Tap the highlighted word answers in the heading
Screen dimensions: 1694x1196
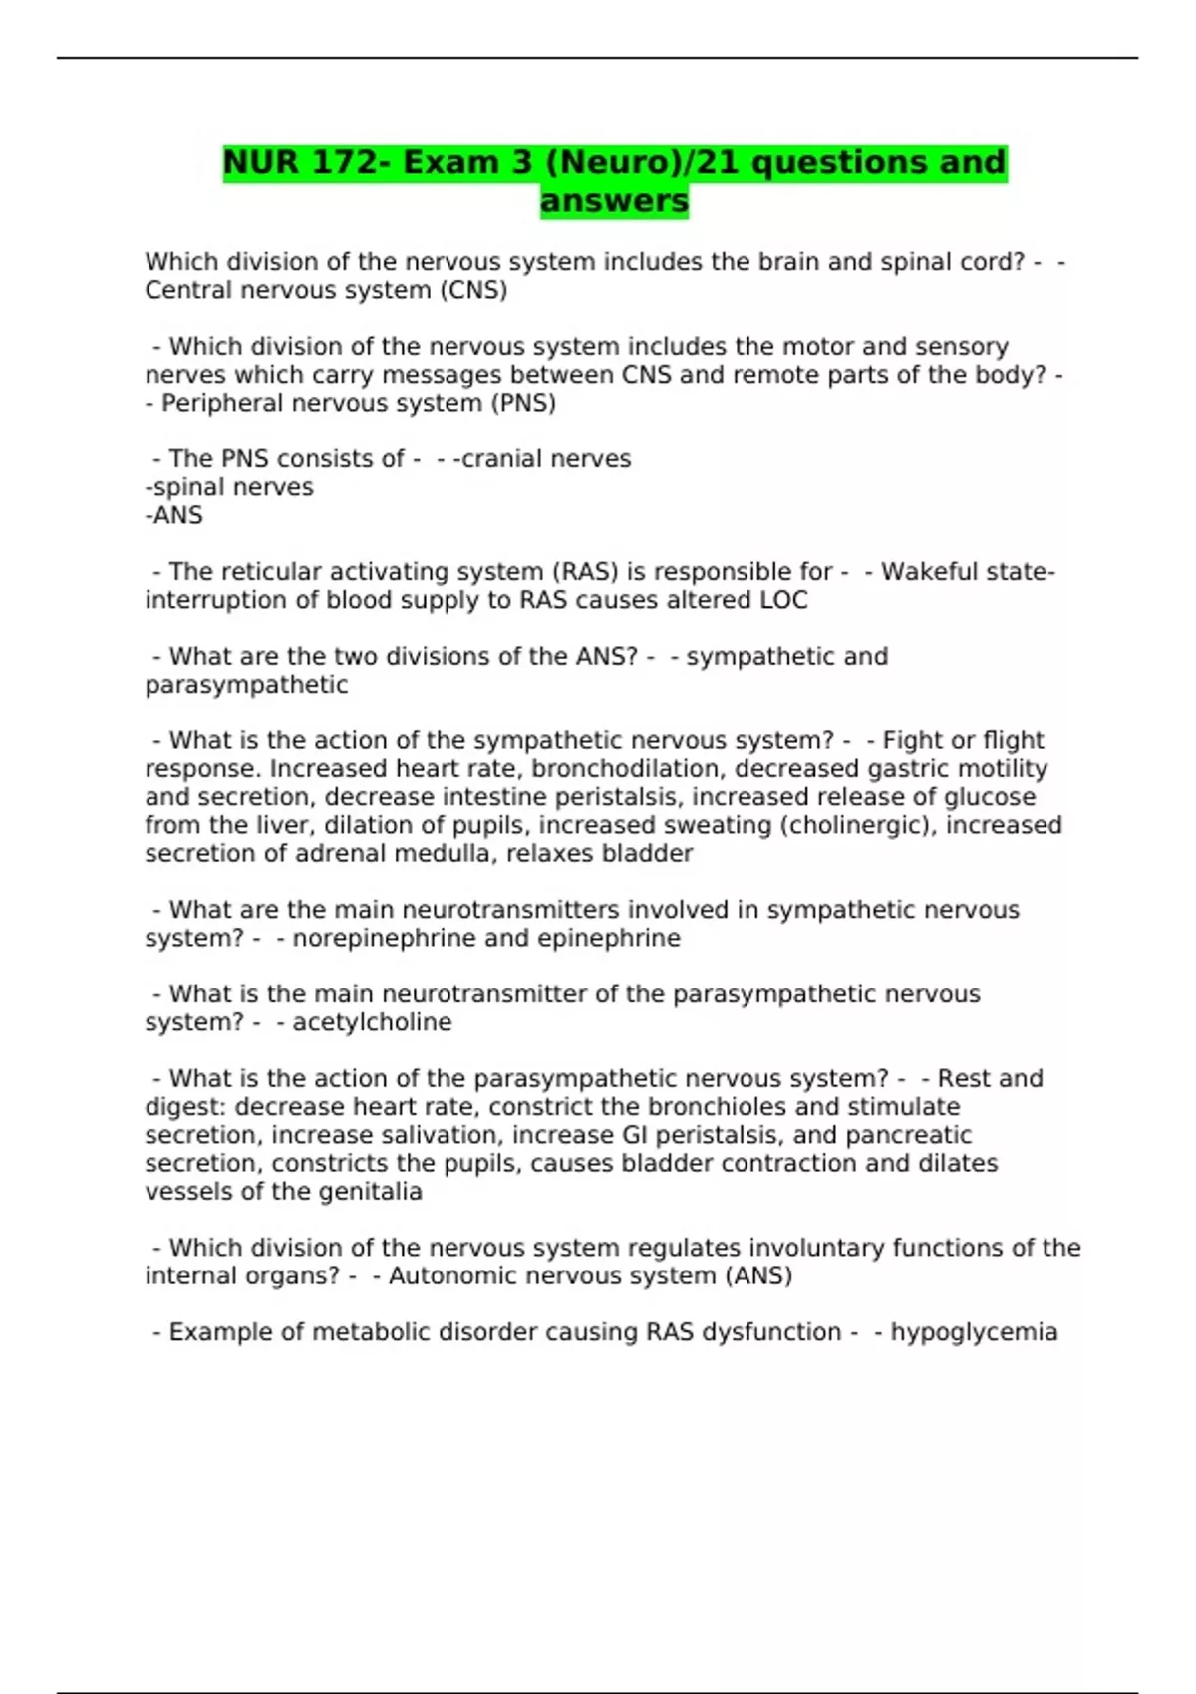[x=614, y=200]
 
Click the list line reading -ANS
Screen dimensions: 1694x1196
[x=174, y=515]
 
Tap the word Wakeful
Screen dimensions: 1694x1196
[x=924, y=572]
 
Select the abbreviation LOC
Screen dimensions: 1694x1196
[x=782, y=600]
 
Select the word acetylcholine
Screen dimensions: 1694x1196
[x=372, y=1022]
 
